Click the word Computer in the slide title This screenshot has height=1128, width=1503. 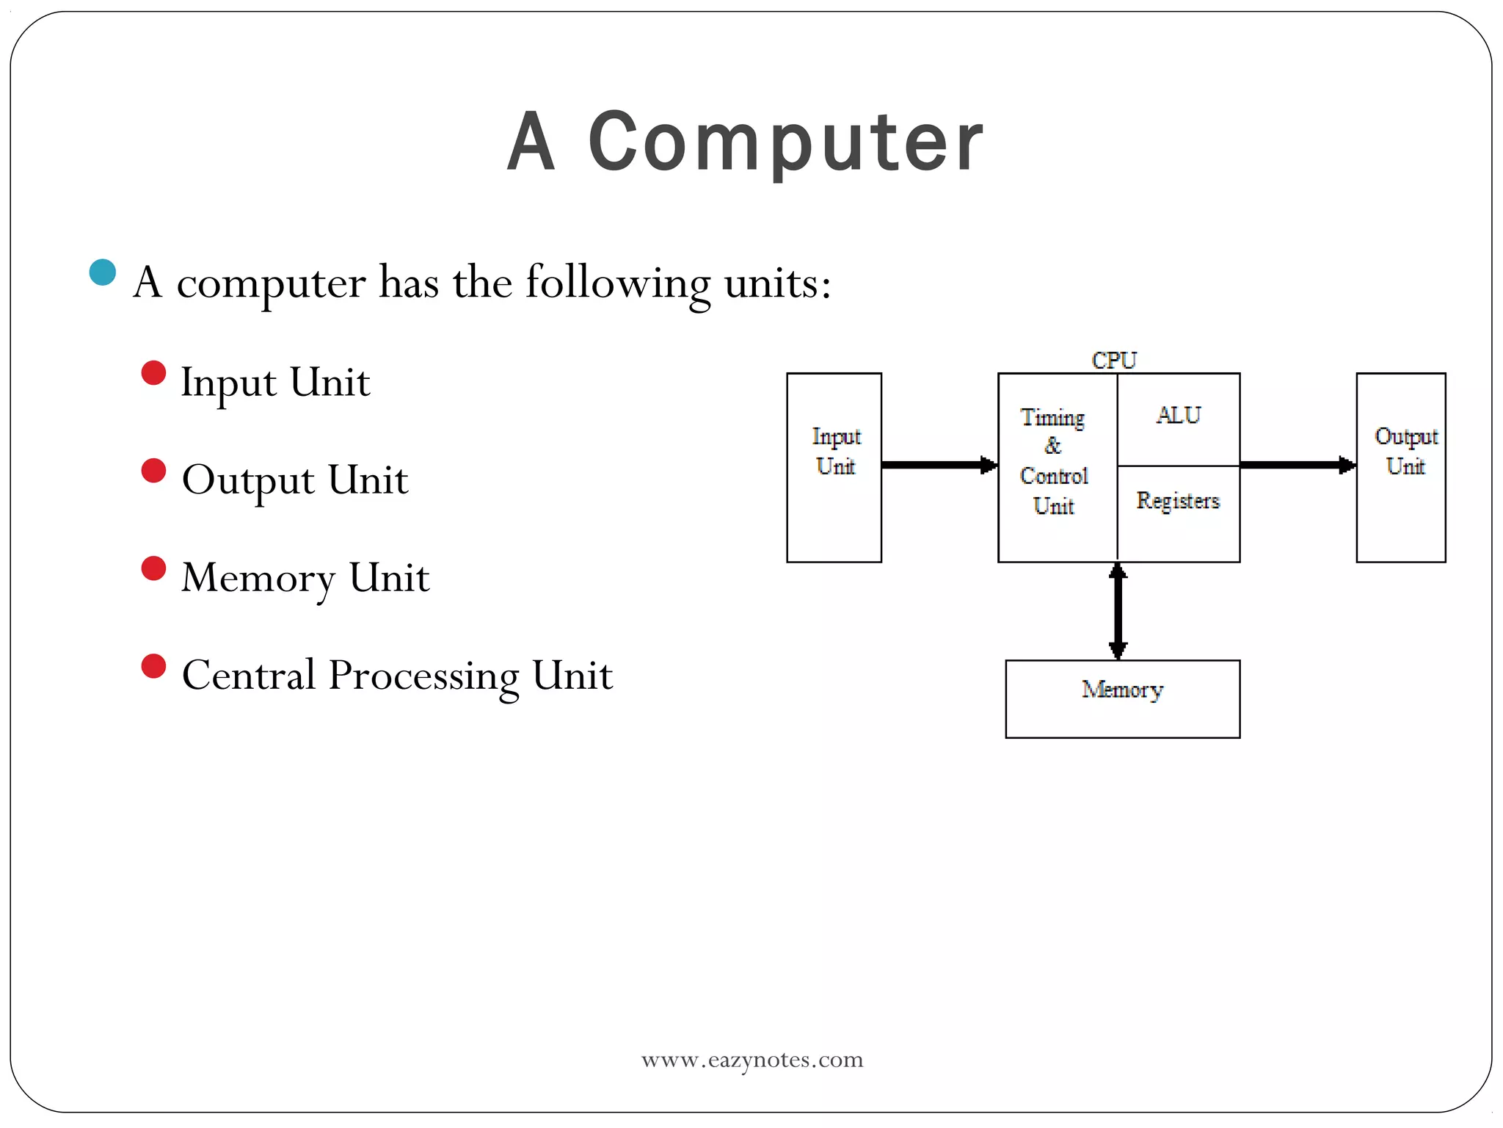point(785,141)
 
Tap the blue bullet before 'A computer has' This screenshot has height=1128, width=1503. point(103,272)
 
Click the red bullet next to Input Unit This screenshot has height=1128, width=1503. point(153,373)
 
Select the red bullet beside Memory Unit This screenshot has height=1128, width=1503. point(153,568)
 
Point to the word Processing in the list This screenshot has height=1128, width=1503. point(423,676)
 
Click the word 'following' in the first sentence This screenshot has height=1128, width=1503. point(618,283)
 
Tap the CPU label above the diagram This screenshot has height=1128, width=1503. point(1113,361)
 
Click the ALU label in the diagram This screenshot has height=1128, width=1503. point(1178,416)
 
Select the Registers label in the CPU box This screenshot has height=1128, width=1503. point(1177,501)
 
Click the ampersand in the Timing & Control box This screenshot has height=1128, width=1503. point(1052,446)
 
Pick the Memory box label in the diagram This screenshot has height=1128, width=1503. point(1121,690)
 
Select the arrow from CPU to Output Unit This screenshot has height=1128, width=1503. point(1297,465)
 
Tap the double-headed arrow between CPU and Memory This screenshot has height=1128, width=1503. point(1117,611)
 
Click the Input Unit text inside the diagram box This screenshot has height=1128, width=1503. point(835,451)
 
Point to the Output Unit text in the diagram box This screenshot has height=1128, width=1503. point(1405,451)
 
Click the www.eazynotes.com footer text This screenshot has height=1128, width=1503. point(751,1060)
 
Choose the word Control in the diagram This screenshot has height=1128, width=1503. point(1053,476)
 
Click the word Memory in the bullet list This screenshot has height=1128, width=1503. point(258,578)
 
